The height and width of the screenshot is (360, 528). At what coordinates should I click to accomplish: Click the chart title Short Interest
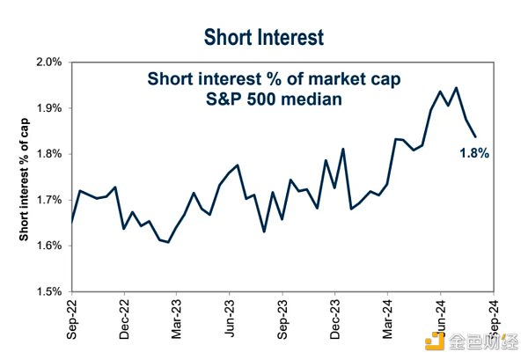263,37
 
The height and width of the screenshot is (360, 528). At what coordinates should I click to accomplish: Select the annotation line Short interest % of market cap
273,80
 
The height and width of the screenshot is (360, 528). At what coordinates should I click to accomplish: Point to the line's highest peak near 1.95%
455,87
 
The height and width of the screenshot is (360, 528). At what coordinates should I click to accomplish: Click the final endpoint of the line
476,136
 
